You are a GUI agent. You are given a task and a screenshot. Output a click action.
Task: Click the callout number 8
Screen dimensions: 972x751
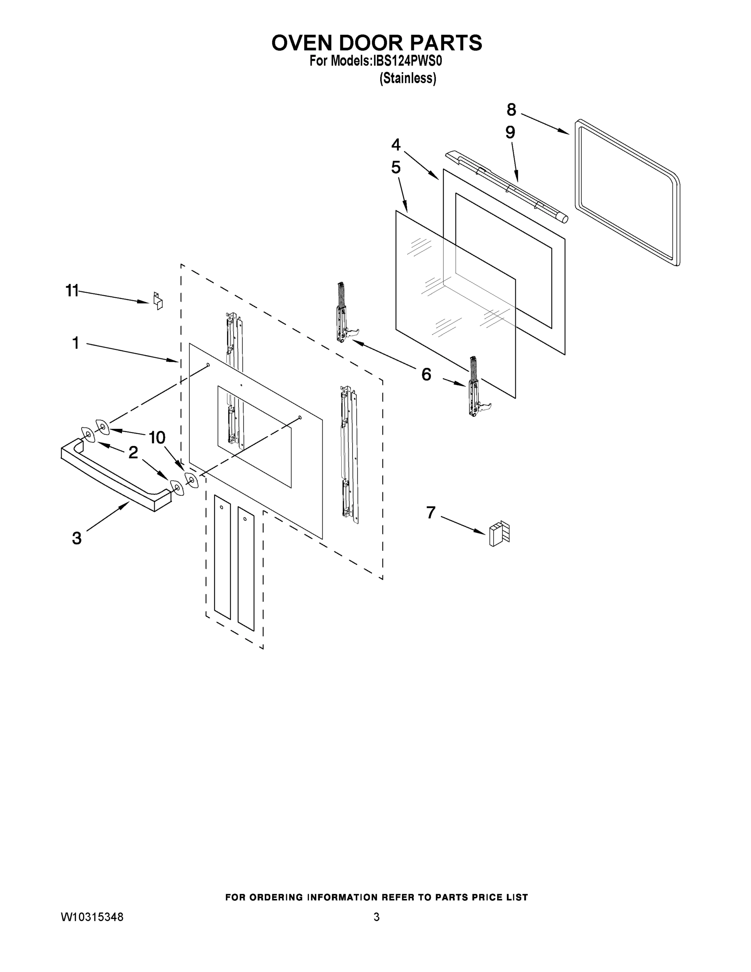(x=511, y=109)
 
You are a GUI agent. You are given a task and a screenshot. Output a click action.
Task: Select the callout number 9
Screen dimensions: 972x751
(x=510, y=132)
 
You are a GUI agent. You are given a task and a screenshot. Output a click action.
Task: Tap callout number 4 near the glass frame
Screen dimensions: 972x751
(x=396, y=145)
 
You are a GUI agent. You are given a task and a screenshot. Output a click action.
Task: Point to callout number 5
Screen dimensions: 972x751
(x=396, y=168)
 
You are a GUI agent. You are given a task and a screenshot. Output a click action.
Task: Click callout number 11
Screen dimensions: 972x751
(x=72, y=291)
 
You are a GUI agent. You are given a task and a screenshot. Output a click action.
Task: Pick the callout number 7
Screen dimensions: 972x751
(x=431, y=513)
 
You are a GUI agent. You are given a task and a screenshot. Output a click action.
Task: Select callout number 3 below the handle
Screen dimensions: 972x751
(x=77, y=538)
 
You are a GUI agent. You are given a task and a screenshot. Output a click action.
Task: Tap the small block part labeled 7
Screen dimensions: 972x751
(x=499, y=534)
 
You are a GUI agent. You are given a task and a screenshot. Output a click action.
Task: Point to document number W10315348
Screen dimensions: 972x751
(x=91, y=917)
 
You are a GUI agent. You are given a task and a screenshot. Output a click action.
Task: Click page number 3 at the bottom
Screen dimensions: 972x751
(x=377, y=917)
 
